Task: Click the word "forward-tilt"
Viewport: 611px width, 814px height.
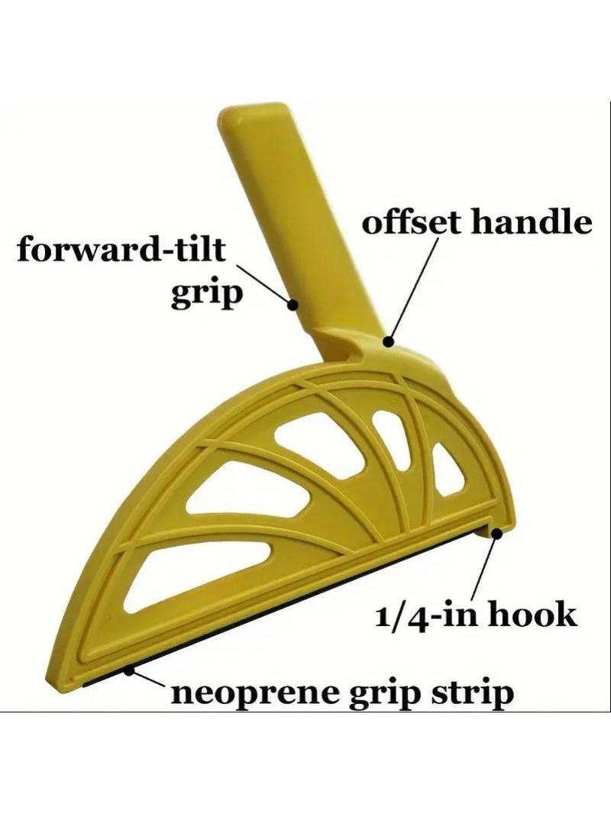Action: pos(121,249)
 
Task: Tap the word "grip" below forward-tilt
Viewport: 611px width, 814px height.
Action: pos(207,295)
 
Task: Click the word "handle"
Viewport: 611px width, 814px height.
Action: pos(531,222)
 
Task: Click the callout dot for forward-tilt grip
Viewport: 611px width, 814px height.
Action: pos(293,304)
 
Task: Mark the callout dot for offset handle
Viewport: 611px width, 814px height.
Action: pos(388,341)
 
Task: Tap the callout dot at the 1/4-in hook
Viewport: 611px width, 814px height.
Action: pos(497,533)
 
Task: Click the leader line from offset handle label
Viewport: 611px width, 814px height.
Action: pos(414,289)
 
